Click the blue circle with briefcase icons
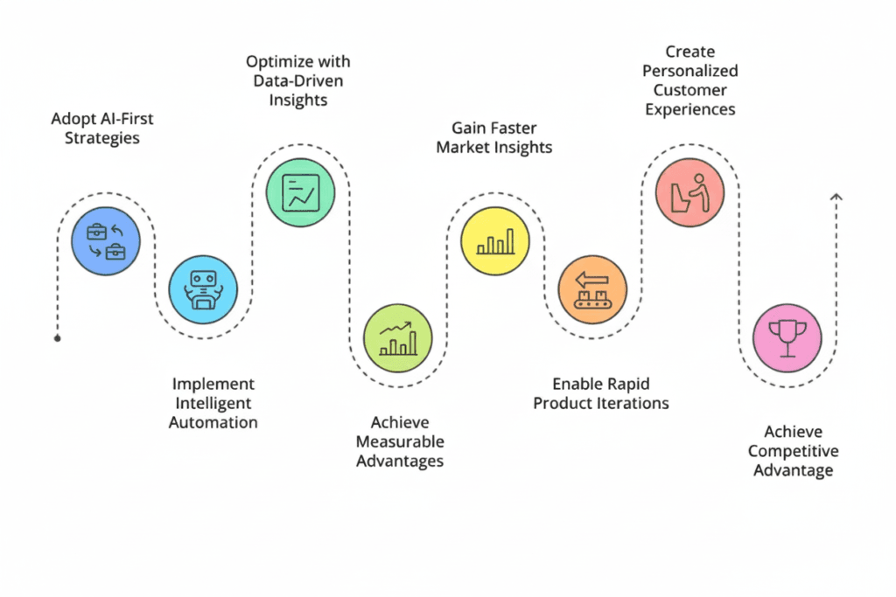(106, 241)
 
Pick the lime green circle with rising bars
(397, 338)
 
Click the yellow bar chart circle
(495, 241)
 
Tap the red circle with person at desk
(689, 192)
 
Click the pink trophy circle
(787, 338)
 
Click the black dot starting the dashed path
(58, 337)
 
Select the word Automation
(214, 422)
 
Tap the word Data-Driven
(298, 80)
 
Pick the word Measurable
(400, 441)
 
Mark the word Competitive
(793, 451)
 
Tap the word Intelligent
(214, 403)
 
